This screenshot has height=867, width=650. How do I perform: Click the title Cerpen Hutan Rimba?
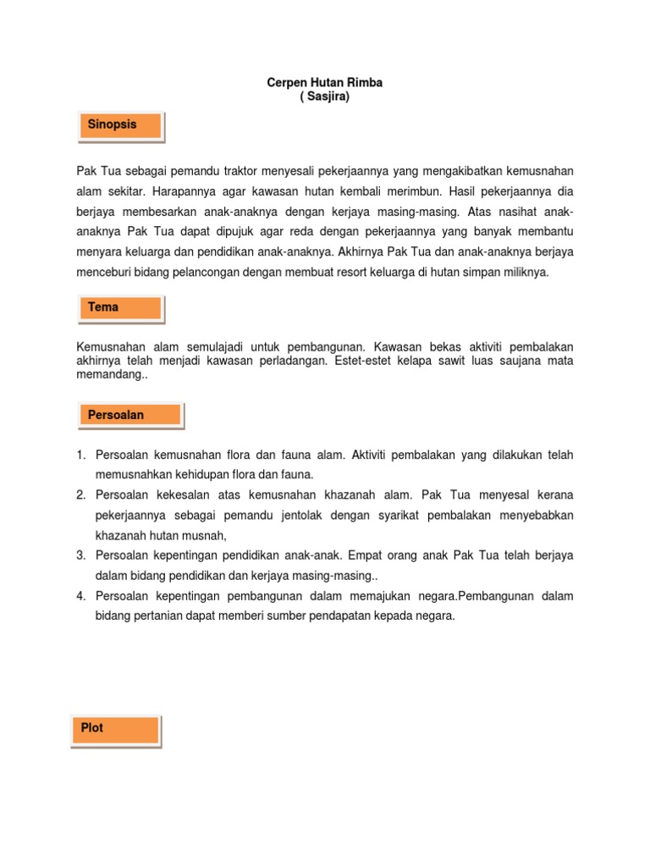pos(325,83)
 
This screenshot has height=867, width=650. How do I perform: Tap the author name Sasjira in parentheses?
pos(325,97)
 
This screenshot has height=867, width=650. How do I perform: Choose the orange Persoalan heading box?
pos(129,415)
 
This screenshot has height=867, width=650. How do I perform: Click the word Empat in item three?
pos(379,555)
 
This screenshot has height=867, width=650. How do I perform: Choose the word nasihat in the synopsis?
pos(517,212)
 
